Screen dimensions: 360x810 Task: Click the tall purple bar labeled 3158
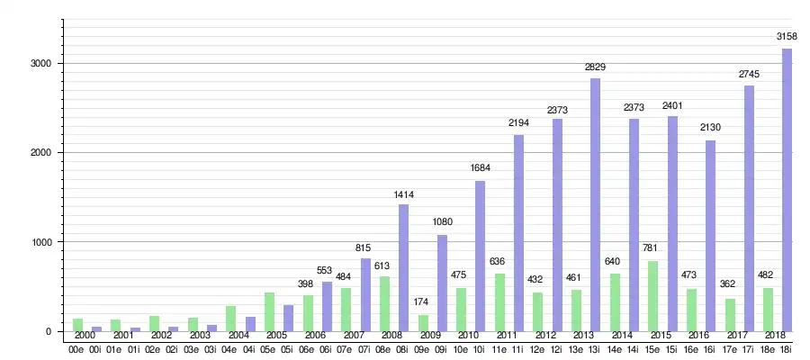787,189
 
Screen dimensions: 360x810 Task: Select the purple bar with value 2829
595,204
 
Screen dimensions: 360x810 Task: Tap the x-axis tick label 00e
77,348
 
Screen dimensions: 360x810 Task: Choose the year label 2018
776,336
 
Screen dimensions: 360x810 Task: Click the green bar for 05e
269,311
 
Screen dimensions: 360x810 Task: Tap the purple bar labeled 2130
710,235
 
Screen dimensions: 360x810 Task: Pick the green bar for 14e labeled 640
615,301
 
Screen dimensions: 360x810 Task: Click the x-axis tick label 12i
556,348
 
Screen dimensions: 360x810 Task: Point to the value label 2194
518,122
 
